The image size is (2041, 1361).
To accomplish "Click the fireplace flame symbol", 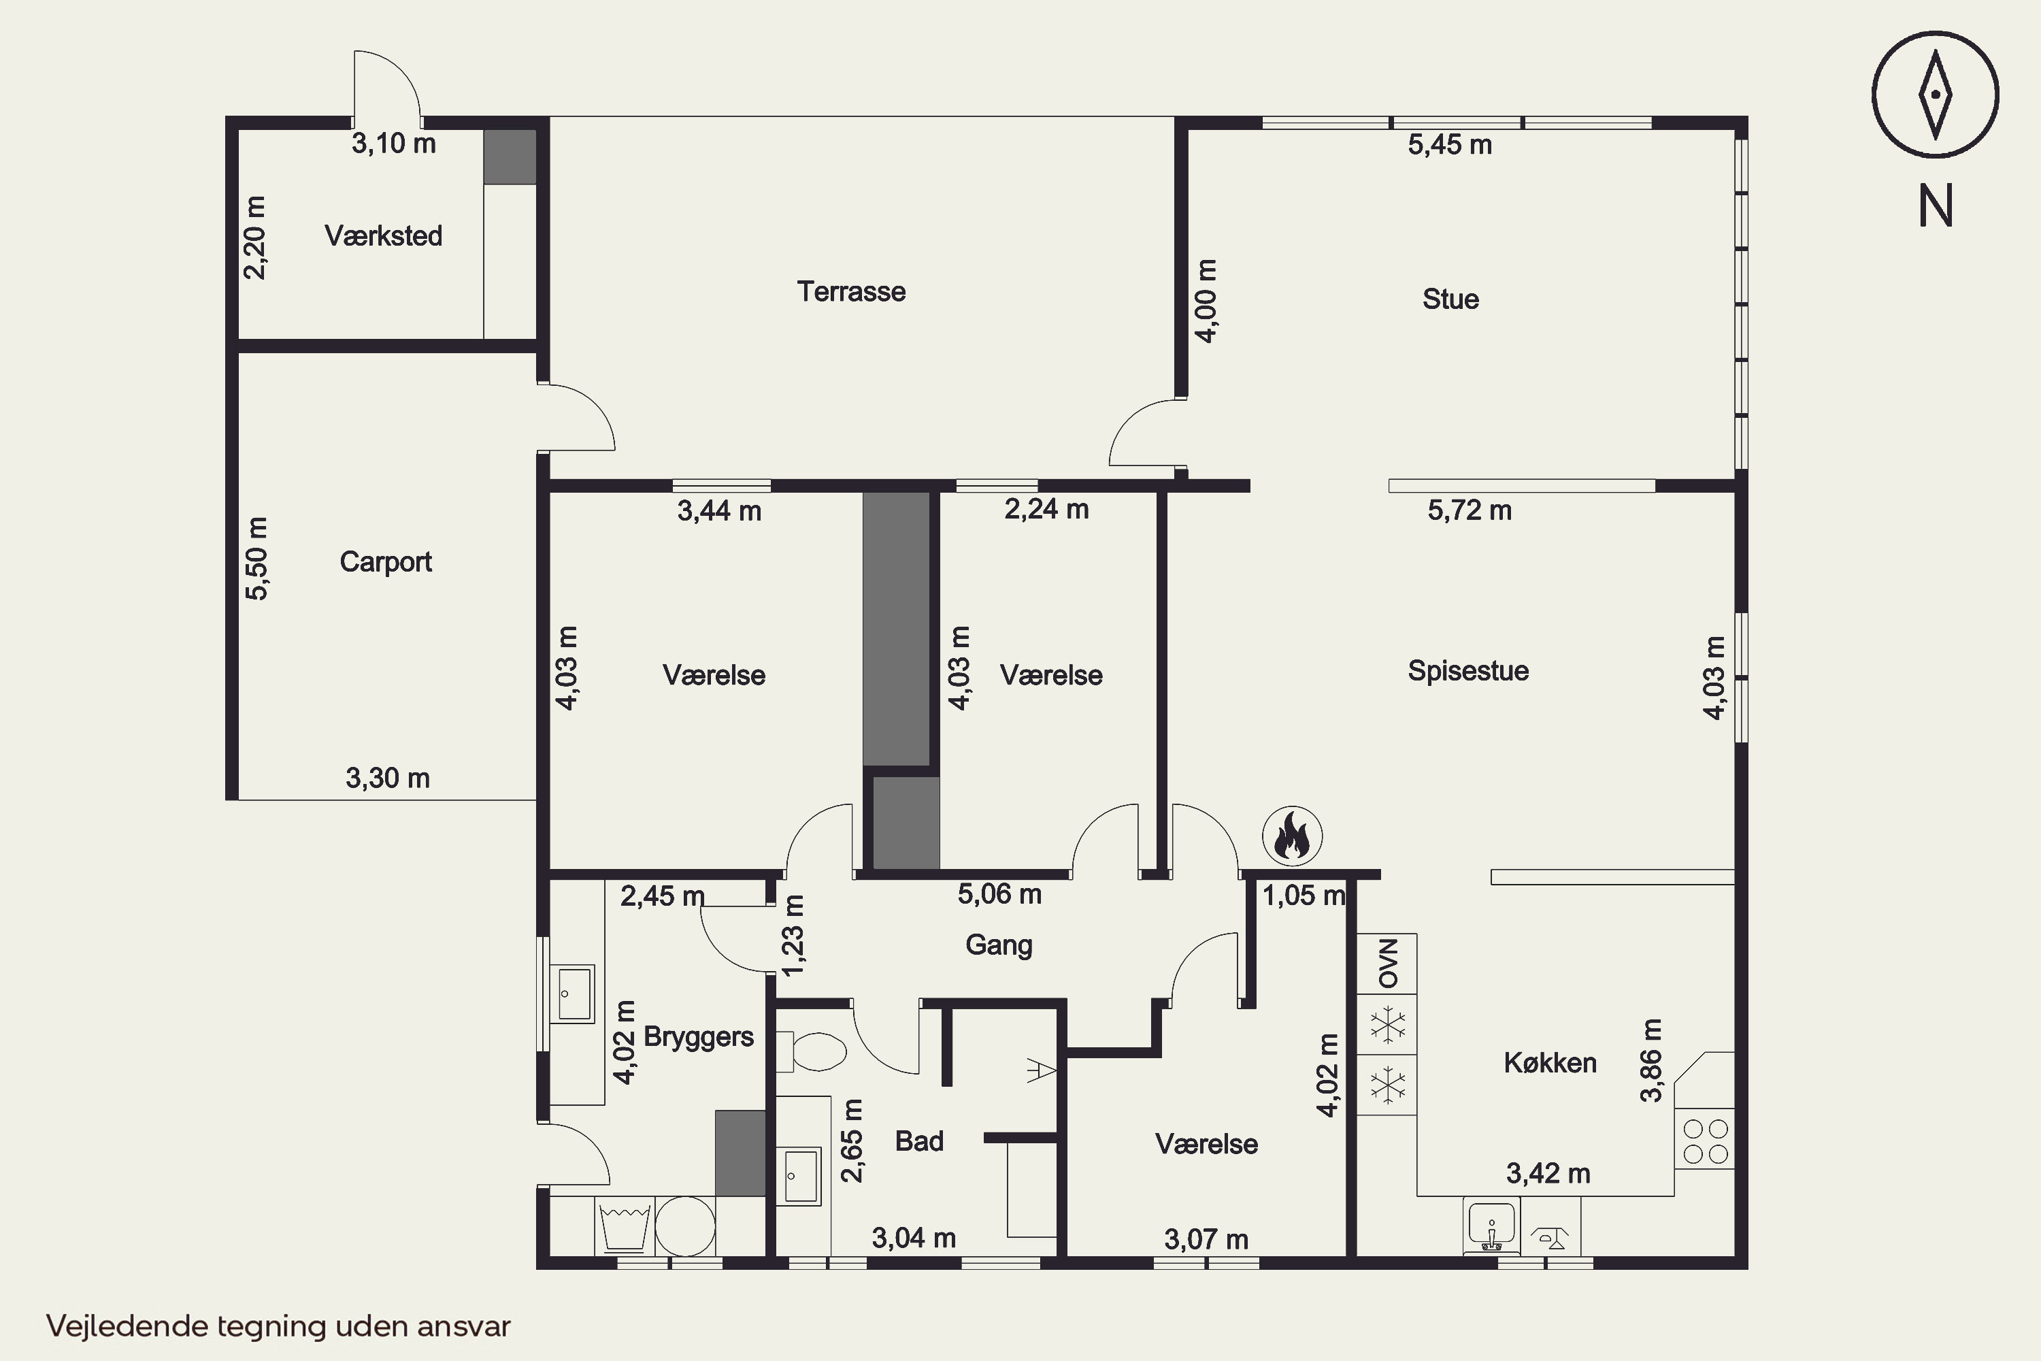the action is click(x=1292, y=836).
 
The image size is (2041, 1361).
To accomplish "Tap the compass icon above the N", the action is click(x=1935, y=95).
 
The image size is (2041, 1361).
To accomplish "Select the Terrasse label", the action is click(x=851, y=292).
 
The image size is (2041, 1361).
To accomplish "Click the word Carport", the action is click(x=385, y=561).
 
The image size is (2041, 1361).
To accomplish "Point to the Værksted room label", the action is click(x=384, y=235).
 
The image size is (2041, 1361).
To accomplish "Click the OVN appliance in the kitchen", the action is click(x=1387, y=964).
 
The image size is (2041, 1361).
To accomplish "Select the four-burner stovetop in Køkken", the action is click(x=1705, y=1141).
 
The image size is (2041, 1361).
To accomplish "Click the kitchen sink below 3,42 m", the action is click(x=1491, y=1226).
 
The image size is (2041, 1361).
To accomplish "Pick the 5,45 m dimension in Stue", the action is click(x=1450, y=145).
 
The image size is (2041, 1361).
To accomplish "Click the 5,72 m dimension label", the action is click(x=1470, y=510).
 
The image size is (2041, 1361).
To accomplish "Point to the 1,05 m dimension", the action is click(x=1304, y=895).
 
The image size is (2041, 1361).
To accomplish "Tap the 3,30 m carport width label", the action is click(x=388, y=778).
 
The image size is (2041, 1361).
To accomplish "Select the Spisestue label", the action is click(x=1468, y=671).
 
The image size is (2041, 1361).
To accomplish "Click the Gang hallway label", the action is click(x=999, y=945).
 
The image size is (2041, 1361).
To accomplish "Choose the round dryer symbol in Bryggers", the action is click(x=684, y=1226).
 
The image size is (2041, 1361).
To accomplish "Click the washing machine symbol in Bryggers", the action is click(x=624, y=1226).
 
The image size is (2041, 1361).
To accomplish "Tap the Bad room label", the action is click(x=919, y=1141).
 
